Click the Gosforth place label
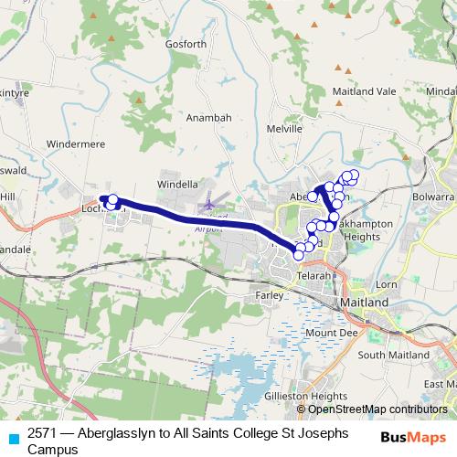pyautogui.click(x=186, y=43)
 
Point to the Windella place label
pyautogui.click(x=177, y=184)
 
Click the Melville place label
pyautogui.click(x=284, y=130)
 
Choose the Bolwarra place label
pyautogui.click(x=433, y=196)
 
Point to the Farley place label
pyautogui.click(x=270, y=295)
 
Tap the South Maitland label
pyautogui.click(x=393, y=355)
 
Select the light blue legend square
pyautogui.click(x=13, y=437)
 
